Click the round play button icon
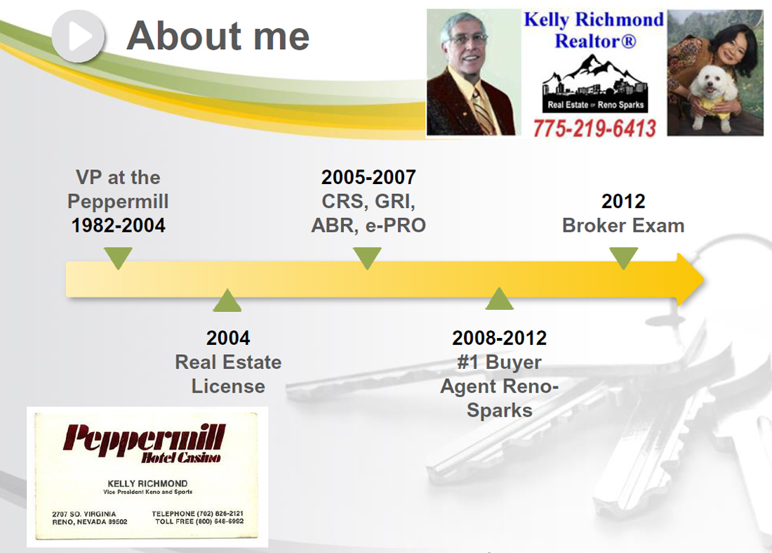(78, 36)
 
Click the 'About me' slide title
(218, 36)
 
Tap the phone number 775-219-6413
(594, 129)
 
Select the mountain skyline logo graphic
(594, 84)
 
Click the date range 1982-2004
(118, 226)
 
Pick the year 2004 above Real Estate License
(228, 338)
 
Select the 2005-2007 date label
(368, 178)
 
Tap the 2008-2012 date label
(499, 338)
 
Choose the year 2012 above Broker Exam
(623, 201)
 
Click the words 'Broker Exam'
(623, 226)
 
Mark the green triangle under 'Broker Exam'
(623, 257)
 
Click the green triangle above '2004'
(227, 301)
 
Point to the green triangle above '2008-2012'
(499, 299)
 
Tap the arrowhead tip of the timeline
(703, 280)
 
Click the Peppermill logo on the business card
(144, 443)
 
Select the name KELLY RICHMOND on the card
(147, 483)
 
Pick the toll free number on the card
(199, 521)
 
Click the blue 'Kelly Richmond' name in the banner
(594, 20)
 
